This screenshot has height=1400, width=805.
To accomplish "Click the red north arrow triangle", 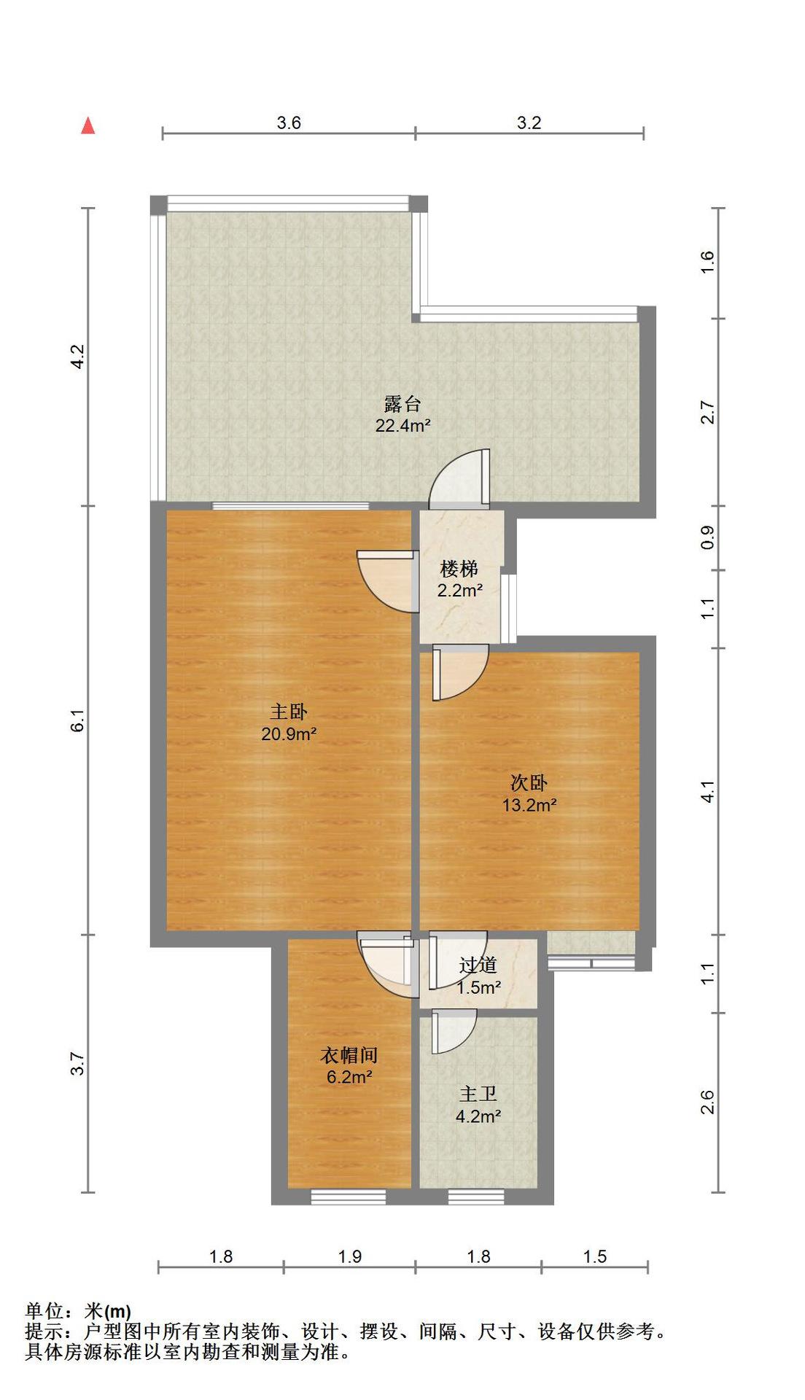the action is tap(88, 125).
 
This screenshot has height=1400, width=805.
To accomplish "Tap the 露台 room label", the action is tap(402, 404).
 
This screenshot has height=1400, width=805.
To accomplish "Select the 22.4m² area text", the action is tap(402, 426).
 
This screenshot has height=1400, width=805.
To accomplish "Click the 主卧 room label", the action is tap(289, 712).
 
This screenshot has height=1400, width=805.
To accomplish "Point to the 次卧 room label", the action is tap(529, 783).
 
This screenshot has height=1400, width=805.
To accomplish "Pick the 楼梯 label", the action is tap(459, 569).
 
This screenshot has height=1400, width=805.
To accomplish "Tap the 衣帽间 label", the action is tap(349, 1055).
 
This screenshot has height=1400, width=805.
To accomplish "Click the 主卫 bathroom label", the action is tap(478, 1094).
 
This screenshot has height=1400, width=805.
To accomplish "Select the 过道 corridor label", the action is tap(478, 965).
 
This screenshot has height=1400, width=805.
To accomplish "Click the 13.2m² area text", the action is tap(529, 805).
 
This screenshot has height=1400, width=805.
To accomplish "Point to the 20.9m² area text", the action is tap(289, 734).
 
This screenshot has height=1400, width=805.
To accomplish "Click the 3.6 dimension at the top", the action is tap(289, 122).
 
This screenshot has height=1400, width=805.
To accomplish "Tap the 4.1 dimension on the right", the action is tap(707, 792).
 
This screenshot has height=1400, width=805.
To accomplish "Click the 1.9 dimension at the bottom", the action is tap(350, 1256).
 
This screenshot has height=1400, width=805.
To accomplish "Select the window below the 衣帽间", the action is tap(348, 1197).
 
